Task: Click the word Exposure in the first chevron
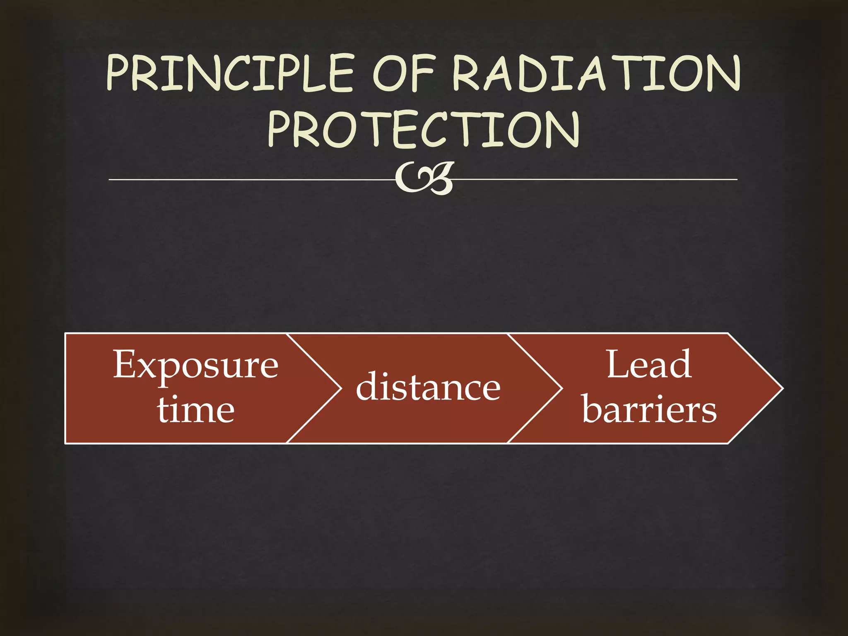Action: click(x=196, y=365)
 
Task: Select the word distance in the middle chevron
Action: click(x=428, y=388)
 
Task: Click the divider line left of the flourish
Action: click(x=248, y=180)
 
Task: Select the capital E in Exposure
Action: click(x=125, y=364)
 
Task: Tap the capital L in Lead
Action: click(x=619, y=364)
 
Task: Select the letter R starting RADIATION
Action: click(x=465, y=73)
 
